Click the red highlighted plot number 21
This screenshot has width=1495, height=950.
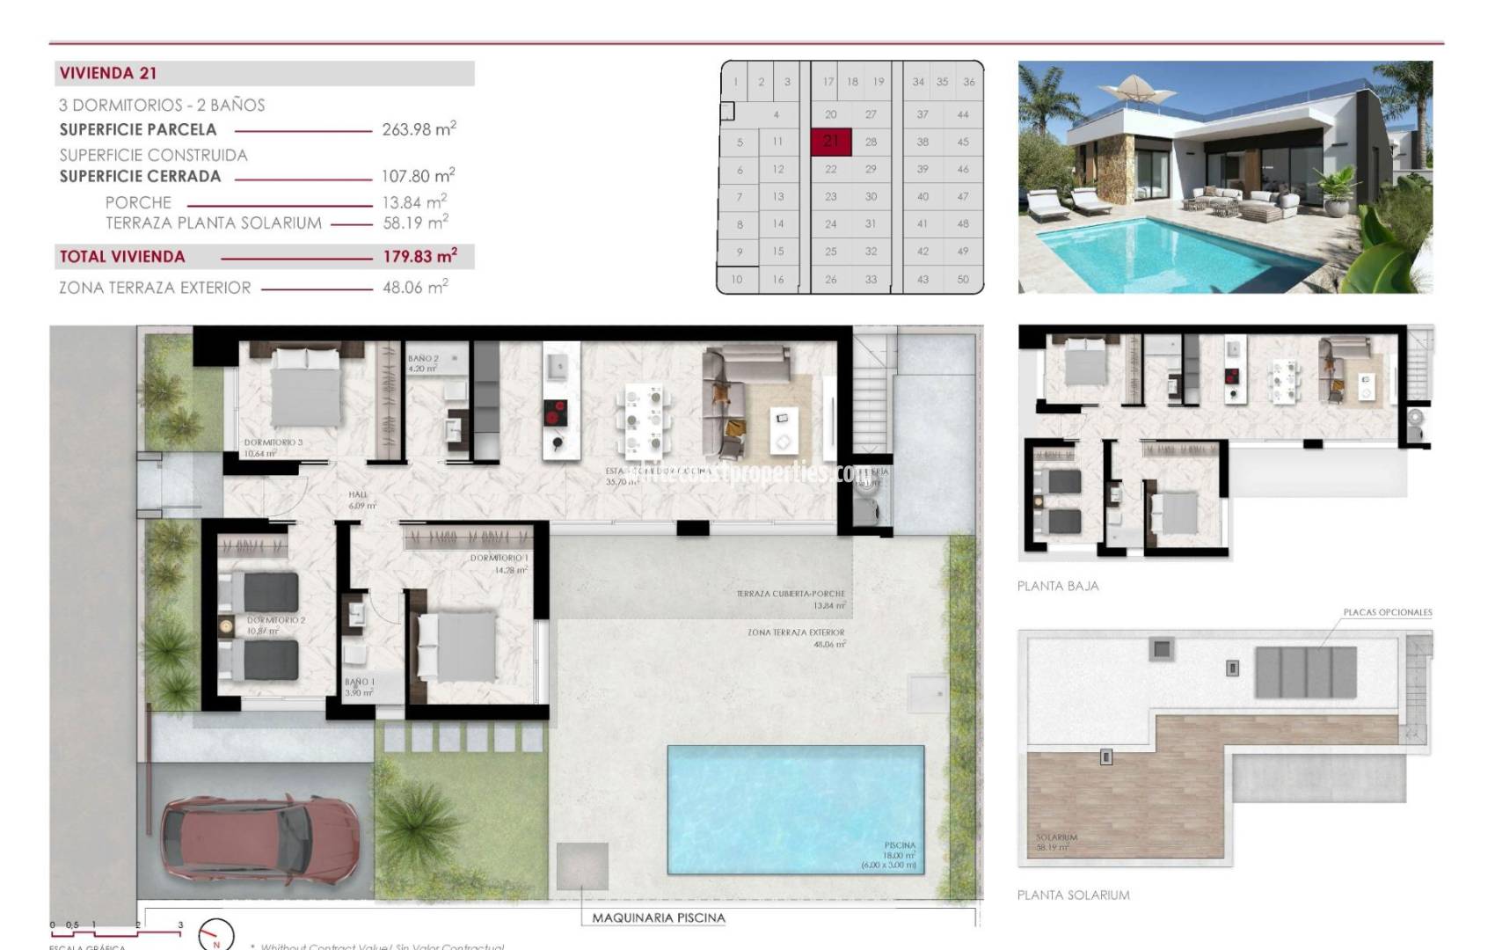(x=831, y=141)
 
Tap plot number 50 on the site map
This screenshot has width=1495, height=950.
(x=963, y=279)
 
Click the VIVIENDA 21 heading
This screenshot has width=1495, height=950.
(x=108, y=74)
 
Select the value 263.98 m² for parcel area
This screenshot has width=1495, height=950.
(x=419, y=129)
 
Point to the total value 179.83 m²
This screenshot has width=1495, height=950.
(x=419, y=257)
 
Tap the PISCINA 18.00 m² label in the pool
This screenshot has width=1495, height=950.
(x=899, y=851)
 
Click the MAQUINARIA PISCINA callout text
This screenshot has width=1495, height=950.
(x=658, y=917)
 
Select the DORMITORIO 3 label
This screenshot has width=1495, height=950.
(x=273, y=443)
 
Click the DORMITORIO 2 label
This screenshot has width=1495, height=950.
(x=276, y=621)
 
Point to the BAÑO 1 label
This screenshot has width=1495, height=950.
(x=359, y=683)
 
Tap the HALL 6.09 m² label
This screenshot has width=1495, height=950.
(x=361, y=500)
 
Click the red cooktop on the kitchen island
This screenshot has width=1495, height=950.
(x=556, y=413)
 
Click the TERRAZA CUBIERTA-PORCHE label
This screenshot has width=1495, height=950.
(x=790, y=595)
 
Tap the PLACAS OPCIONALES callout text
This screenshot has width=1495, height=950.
(x=1387, y=612)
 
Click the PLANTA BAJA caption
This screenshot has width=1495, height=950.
(x=1057, y=586)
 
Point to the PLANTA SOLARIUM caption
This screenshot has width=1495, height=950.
(x=1073, y=895)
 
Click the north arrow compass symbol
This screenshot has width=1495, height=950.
(x=215, y=937)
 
